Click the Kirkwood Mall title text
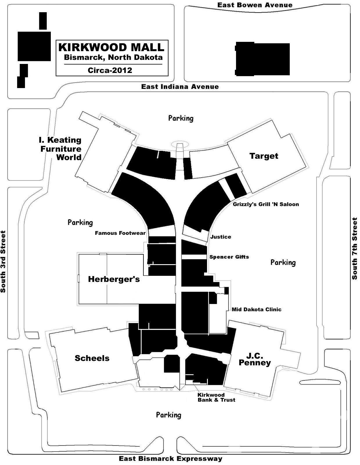[111, 47]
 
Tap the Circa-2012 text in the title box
[110, 70]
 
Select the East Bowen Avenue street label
[255, 5]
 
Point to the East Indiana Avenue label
[180, 87]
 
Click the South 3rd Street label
[3, 261]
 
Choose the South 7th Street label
[354, 248]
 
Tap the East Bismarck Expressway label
[170, 459]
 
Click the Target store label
[264, 156]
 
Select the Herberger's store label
[114, 279]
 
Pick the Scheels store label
[92, 358]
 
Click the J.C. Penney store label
[255, 359]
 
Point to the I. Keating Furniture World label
[61, 149]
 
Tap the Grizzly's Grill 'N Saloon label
[266, 204]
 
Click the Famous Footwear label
[120, 233]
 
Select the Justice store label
[221, 237]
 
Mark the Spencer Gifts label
[229, 257]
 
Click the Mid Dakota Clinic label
[256, 310]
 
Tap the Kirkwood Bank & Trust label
[216, 397]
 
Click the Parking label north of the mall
[181, 118]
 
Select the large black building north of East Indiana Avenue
[262, 59]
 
